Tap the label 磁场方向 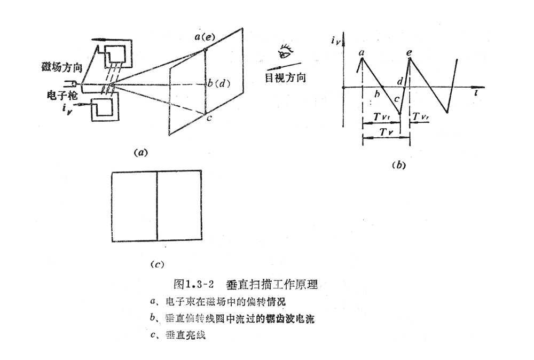[x=62, y=67]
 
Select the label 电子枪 [x=62, y=95]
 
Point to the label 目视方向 [x=285, y=78]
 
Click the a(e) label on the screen [x=205, y=37]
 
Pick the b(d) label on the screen [x=219, y=83]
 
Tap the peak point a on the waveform [x=362, y=59]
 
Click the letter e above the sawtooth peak [x=409, y=52]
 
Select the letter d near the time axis [x=400, y=81]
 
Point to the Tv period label [x=386, y=132]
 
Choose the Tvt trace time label [x=382, y=117]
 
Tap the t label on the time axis [x=476, y=92]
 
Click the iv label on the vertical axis [x=335, y=41]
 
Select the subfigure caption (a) [x=140, y=152]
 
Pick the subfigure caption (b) [x=399, y=165]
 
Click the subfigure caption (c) [x=157, y=264]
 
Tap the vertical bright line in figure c [x=157, y=206]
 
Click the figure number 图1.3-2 [x=193, y=284]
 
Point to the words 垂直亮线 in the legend [x=186, y=335]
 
